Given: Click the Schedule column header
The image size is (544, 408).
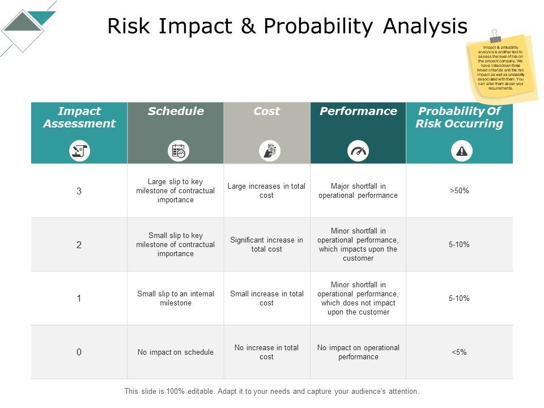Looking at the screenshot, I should [176, 112].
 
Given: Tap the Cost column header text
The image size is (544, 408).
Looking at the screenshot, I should [266, 112].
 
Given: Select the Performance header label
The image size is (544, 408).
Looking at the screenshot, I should [358, 112].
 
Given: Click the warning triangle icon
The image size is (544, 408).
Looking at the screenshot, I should [462, 151].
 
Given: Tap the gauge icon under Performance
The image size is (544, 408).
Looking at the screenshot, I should [358, 151].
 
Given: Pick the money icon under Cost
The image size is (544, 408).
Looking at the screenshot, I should [270, 151].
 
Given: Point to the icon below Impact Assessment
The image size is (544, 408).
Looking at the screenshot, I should [79, 151].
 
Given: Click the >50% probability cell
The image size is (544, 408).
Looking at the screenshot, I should [459, 191].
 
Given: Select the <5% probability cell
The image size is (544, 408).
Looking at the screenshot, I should [459, 352].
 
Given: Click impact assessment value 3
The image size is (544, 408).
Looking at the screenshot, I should [79, 191].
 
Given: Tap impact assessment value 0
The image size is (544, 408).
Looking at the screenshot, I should [79, 352].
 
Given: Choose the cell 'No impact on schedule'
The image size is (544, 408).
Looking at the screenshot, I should [176, 352].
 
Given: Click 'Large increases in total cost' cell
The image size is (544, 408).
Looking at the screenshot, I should [266, 191].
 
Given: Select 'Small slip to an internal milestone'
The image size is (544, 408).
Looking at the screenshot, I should [176, 299].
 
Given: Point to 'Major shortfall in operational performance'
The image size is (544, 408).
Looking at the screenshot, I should [358, 191].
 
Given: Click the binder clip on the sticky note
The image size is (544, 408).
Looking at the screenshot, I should [495, 36].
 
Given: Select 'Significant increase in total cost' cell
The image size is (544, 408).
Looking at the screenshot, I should [266, 245].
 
